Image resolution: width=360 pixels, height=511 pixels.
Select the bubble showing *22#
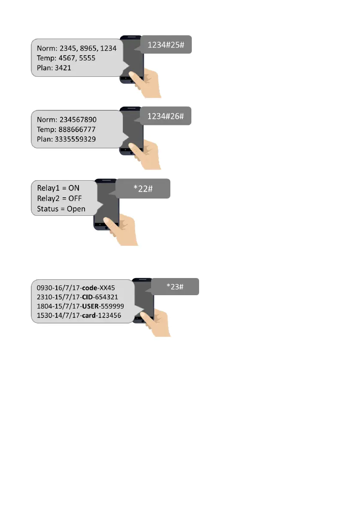click(143, 189)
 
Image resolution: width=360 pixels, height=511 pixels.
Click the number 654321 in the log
click(107, 297)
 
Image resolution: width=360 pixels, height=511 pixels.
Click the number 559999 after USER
click(112, 306)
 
